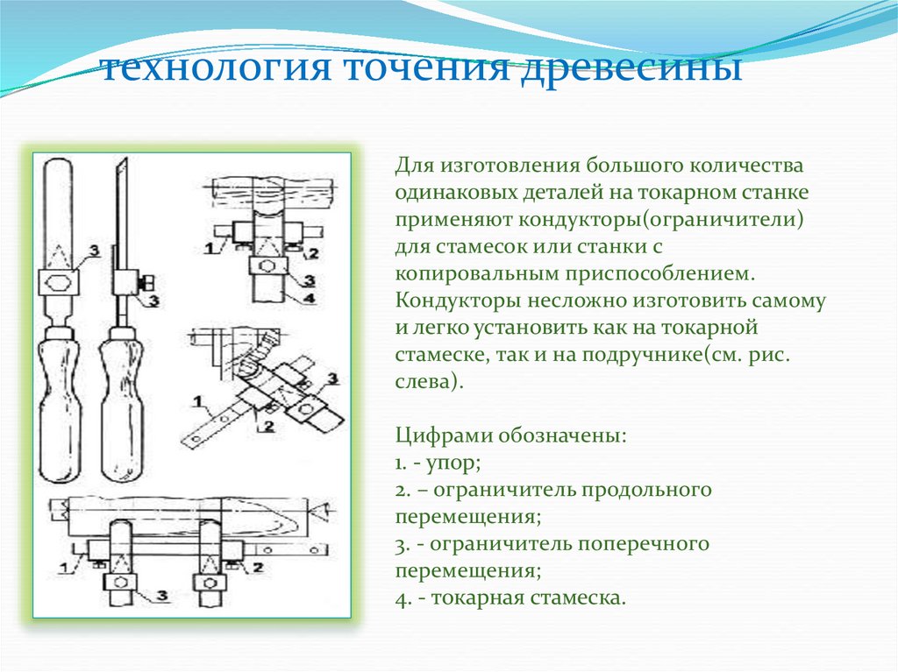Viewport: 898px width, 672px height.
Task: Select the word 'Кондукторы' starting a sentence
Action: point(458,301)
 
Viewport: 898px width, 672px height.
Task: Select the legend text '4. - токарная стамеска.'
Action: point(510,598)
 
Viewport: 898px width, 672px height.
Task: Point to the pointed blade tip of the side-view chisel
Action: point(121,168)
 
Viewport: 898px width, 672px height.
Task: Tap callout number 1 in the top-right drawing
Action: point(208,249)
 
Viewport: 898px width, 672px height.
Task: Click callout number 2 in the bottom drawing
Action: point(257,567)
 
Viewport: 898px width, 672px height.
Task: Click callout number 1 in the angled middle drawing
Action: point(202,404)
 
